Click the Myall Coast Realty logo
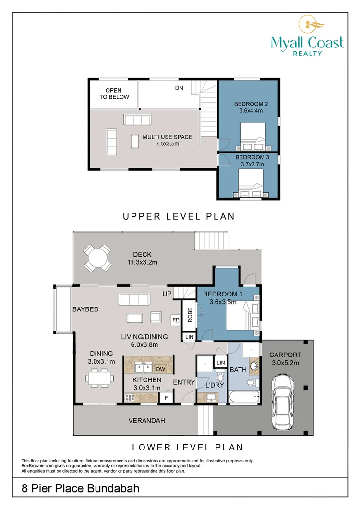point(307,36)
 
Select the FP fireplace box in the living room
point(176,320)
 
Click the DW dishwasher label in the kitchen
point(160,369)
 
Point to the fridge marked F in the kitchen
point(167,398)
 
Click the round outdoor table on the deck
point(97,258)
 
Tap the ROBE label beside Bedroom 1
point(190,315)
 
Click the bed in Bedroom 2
point(253,137)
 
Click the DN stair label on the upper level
point(179,88)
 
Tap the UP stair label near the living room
point(167,294)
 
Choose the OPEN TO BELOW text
point(114,94)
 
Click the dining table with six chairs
point(100,378)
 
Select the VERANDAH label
point(146,420)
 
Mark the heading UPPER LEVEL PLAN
point(179,216)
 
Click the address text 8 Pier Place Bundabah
point(80,488)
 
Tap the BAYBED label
point(85,309)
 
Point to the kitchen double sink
point(144,368)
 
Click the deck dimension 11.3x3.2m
point(142,262)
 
